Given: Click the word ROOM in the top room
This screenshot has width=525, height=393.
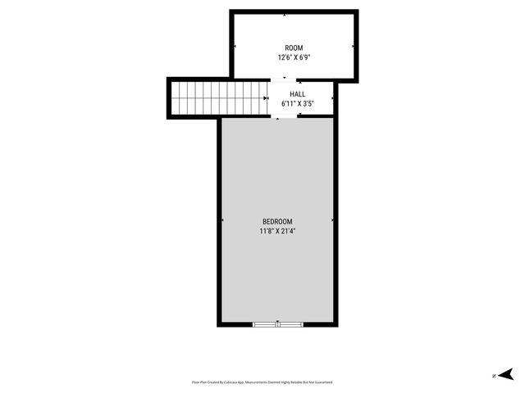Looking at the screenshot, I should (294, 48).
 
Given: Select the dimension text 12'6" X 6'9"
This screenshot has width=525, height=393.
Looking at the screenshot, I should (294, 58).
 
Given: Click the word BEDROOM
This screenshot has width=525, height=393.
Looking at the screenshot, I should (277, 222).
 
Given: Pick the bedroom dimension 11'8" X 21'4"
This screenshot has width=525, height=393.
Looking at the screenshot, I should (277, 232).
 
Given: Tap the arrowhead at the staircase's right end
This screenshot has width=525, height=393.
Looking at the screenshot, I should (266, 97).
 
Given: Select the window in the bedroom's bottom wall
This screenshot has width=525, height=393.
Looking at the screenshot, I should (278, 324).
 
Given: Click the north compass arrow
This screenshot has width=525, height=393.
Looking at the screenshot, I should (506, 375).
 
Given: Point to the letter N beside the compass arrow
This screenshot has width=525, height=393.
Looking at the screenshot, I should (493, 376).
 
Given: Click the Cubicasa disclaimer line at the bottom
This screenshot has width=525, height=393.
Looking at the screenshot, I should (262, 382).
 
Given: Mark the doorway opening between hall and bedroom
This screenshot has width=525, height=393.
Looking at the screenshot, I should (287, 115).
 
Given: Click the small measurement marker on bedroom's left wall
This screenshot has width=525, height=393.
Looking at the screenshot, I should (222, 220).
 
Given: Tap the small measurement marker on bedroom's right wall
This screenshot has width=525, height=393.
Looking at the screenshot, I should (331, 220).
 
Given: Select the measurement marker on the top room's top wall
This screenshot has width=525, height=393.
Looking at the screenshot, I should (285, 15).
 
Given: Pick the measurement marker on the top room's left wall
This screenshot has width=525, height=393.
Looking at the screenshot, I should (235, 47).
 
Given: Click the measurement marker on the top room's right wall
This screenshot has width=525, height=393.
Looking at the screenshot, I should (353, 47).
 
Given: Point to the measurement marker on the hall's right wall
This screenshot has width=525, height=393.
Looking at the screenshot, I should (331, 97).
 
